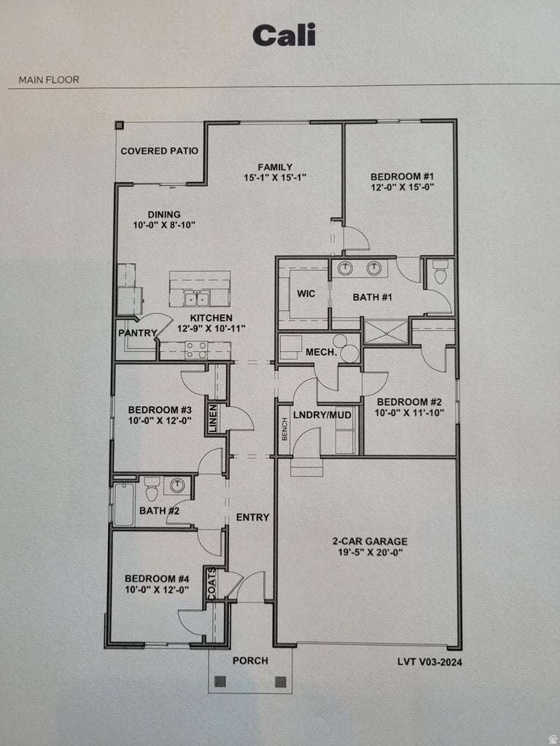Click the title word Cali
284,35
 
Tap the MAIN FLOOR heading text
49,80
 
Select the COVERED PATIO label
159,152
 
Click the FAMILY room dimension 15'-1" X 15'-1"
275,177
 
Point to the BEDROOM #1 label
402,176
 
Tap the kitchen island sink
197,299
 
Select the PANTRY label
138,334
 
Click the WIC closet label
306,294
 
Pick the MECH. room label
320,352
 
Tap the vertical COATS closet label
211,584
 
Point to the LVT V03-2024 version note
429,662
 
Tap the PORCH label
250,661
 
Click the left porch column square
220,683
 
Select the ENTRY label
252,517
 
